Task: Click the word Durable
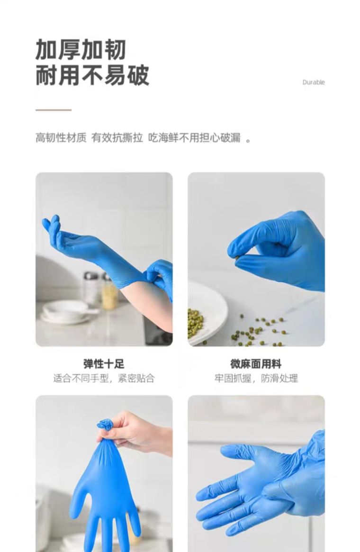click(x=314, y=82)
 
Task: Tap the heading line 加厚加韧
click(x=81, y=50)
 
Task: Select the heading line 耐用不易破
click(x=92, y=75)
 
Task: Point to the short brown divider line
click(x=54, y=110)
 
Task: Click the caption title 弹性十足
click(x=104, y=364)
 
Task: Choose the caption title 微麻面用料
click(x=256, y=364)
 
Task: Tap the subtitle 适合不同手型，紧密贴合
click(x=104, y=379)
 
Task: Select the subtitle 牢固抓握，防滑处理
click(x=256, y=379)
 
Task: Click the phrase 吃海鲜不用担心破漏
click(x=194, y=138)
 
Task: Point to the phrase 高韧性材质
click(x=61, y=138)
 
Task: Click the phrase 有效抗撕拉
click(x=117, y=138)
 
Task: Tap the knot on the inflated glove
click(x=105, y=425)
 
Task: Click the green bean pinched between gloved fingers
click(x=238, y=258)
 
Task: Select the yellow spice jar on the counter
click(x=109, y=292)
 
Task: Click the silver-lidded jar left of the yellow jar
click(x=91, y=288)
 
